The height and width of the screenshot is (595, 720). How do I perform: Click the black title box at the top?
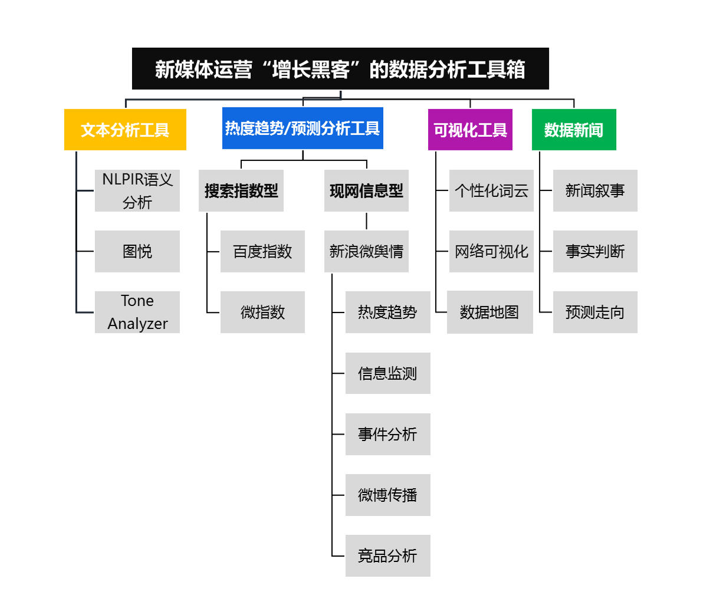(x=340, y=68)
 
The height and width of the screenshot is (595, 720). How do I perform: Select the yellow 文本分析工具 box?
(x=125, y=129)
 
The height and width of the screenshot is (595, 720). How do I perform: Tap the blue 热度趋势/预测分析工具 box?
(x=303, y=128)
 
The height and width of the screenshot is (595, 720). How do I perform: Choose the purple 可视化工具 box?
(x=470, y=129)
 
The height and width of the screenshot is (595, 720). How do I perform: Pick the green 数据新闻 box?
(x=574, y=129)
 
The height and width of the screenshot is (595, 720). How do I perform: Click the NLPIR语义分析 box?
(x=137, y=190)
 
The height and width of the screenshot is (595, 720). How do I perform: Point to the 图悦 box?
(x=137, y=251)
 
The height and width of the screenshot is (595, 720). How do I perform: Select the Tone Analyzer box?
(x=137, y=312)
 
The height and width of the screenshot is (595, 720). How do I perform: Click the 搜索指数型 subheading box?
(x=241, y=190)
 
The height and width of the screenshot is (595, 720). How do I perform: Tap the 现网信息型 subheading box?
(x=366, y=190)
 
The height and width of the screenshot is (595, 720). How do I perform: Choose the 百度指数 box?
(x=262, y=251)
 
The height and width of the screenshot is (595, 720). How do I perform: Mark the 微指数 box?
(x=262, y=312)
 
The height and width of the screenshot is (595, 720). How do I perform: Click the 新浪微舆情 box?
(x=366, y=251)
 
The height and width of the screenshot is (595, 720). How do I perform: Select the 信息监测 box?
(x=387, y=373)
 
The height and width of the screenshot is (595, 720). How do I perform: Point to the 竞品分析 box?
(x=387, y=555)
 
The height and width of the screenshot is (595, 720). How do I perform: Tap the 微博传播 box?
(x=387, y=495)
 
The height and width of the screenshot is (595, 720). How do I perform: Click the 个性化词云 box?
(x=491, y=190)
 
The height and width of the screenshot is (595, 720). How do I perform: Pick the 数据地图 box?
(x=489, y=312)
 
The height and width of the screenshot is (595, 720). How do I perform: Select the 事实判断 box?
(x=595, y=251)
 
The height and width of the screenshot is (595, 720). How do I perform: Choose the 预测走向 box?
(x=595, y=312)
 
